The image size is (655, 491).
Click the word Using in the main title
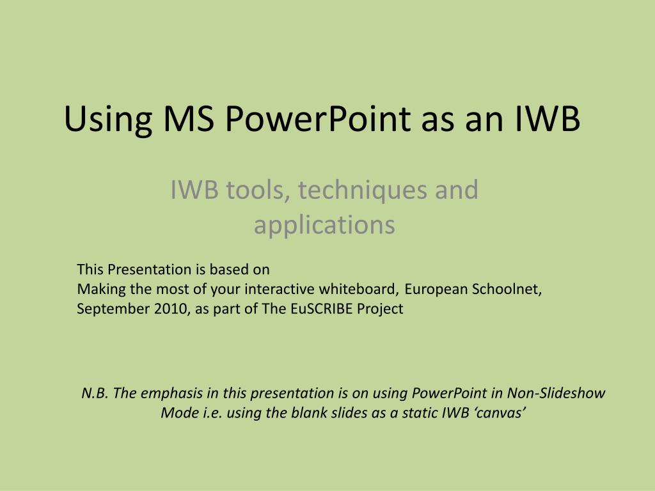(x=108, y=120)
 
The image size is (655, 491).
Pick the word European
(x=436, y=290)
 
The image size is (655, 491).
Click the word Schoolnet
(x=507, y=289)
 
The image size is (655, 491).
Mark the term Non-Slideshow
(x=556, y=393)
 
